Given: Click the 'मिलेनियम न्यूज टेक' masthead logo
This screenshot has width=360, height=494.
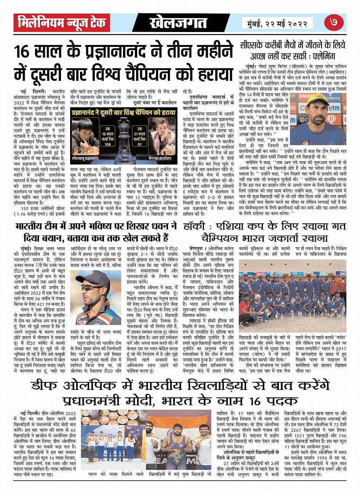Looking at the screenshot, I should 61,23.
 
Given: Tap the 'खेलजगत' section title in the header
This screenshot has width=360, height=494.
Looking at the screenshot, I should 178,23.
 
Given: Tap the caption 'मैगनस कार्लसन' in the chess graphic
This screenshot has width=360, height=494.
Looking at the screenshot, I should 160,157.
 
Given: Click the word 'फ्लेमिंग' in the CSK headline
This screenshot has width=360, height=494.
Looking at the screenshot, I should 322,56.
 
